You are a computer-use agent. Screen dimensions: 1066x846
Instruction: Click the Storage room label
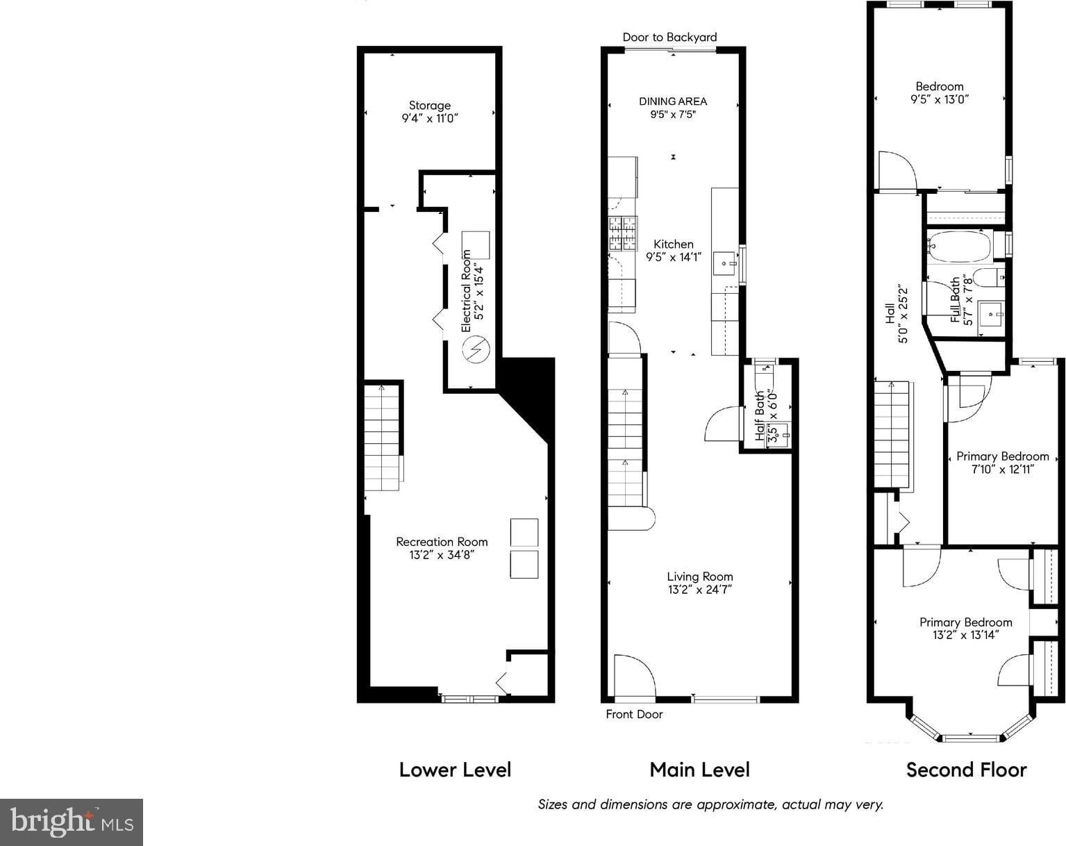(x=429, y=105)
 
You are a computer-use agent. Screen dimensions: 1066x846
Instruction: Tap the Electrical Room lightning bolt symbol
(x=476, y=349)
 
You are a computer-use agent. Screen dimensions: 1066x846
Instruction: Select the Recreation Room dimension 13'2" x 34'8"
(x=442, y=554)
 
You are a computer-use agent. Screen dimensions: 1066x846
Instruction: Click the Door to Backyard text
(x=669, y=38)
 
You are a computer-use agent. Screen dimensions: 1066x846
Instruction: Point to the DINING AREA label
(x=673, y=101)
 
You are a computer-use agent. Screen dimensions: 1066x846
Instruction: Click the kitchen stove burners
(x=623, y=233)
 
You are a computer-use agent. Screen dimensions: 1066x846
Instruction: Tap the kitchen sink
(x=725, y=263)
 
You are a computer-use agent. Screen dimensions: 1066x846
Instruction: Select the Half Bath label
(x=760, y=416)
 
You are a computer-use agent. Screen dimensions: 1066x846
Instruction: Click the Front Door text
(x=634, y=714)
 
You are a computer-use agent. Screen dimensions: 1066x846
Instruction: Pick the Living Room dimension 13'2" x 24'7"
(x=699, y=589)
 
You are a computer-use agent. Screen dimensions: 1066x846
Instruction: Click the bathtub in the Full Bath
(x=960, y=246)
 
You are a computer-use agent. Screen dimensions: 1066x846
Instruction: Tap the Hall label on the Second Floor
(x=890, y=313)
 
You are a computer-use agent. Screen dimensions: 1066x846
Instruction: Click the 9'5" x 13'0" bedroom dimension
(x=940, y=99)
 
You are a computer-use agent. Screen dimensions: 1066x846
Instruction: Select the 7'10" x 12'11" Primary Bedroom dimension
(x=1003, y=469)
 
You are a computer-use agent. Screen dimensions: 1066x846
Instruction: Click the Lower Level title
(x=456, y=770)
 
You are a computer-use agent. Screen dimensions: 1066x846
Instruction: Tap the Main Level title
(x=699, y=770)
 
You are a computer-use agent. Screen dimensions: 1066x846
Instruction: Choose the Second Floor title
(x=967, y=770)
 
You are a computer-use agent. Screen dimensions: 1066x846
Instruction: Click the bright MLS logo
(x=72, y=822)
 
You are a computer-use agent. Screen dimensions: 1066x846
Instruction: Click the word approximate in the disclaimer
(x=737, y=804)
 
